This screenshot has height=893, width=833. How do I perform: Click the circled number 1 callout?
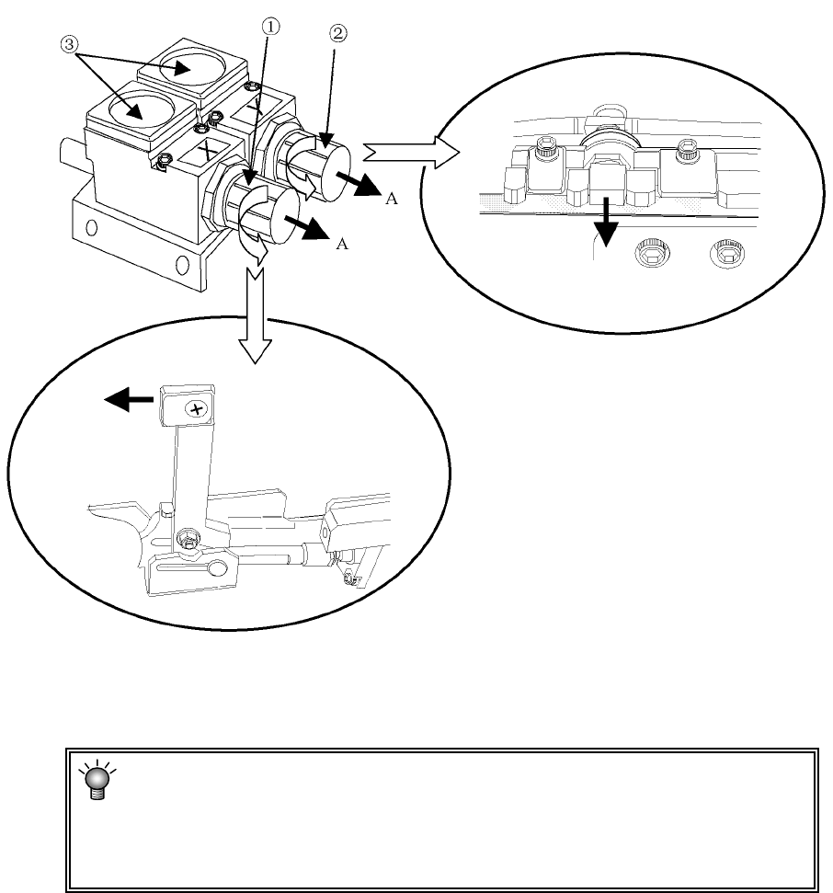[x=270, y=26]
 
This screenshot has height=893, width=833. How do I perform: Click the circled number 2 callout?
[x=337, y=34]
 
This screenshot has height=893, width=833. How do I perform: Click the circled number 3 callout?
[x=69, y=44]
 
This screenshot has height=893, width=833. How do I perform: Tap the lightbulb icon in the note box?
[x=97, y=779]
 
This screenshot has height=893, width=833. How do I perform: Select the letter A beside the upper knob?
[x=391, y=199]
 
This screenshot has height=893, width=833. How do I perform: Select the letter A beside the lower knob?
[x=342, y=244]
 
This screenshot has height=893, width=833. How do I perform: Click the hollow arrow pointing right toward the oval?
[x=410, y=152]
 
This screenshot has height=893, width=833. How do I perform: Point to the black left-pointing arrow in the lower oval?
[x=129, y=399]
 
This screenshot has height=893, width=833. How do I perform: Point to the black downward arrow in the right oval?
[x=606, y=223]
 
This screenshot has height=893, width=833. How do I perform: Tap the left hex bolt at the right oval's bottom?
[x=652, y=254]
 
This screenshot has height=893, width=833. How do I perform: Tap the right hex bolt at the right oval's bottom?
[x=727, y=252]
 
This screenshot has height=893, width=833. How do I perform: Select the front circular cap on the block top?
[x=140, y=109]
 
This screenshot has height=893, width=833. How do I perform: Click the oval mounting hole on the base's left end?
[x=91, y=228]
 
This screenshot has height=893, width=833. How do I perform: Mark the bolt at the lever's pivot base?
[x=188, y=538]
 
